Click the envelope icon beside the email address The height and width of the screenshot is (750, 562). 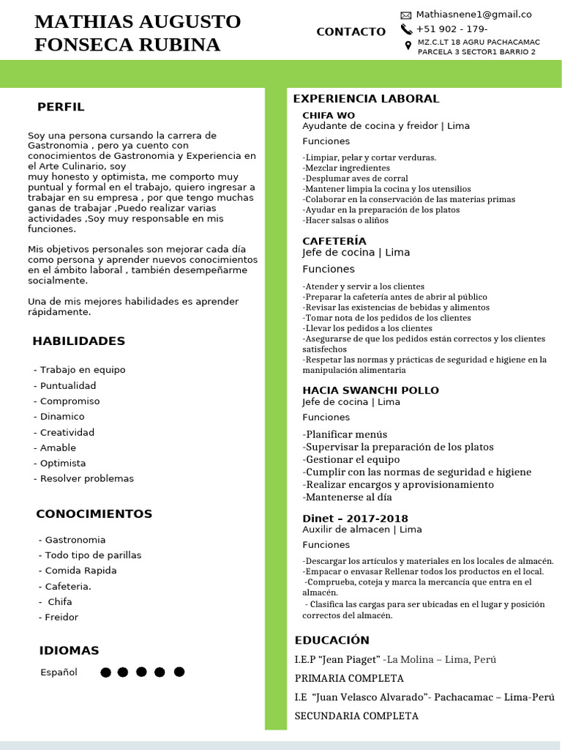406,15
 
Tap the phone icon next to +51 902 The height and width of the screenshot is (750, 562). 406,29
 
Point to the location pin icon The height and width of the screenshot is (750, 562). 408,45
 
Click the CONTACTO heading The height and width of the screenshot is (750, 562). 351,31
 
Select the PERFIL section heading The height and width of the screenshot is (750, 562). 61,107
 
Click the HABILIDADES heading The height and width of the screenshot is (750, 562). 78,341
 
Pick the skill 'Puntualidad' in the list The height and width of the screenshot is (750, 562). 67,385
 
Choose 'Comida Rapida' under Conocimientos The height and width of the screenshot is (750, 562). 80,571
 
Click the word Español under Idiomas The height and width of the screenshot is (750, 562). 59,672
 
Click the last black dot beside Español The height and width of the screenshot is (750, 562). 179,672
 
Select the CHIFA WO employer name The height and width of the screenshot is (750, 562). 329,115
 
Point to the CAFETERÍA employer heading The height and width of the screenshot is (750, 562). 334,241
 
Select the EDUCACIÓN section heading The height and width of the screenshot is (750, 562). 331,639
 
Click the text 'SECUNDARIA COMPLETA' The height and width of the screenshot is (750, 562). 356,716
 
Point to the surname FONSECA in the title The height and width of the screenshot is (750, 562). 80,45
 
